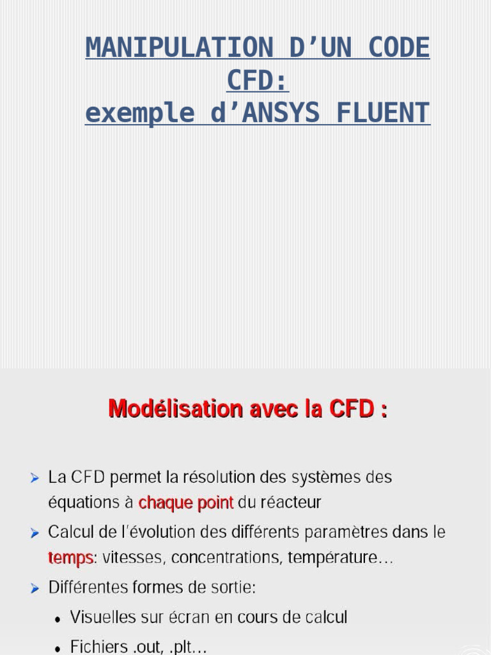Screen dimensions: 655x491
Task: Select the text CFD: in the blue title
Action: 258,81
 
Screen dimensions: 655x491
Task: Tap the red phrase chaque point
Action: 185,503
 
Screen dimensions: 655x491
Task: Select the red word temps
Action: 70,558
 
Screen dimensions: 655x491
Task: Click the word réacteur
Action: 288,503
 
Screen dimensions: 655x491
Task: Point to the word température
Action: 340,558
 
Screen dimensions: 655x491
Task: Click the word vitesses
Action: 132,558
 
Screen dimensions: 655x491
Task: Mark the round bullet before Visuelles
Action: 58,619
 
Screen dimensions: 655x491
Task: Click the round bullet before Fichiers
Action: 58,649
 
